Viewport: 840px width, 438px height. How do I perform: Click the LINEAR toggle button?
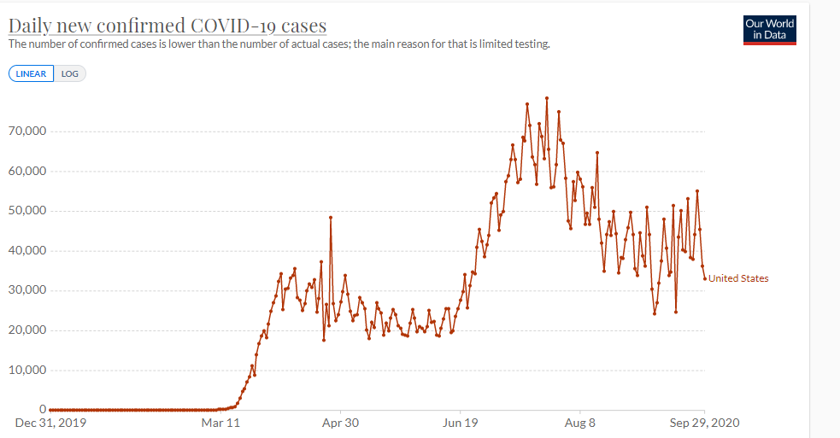[x=31, y=74]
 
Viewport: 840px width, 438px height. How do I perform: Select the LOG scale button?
[x=69, y=74]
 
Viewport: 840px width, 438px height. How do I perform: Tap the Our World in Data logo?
[x=769, y=30]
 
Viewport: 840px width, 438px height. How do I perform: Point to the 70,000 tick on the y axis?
[x=27, y=131]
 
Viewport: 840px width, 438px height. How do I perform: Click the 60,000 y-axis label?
[x=27, y=171]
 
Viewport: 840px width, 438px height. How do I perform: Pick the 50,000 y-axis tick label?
[x=27, y=210]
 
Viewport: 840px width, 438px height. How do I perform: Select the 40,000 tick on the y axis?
[x=27, y=251]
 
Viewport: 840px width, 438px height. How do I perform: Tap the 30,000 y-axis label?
[x=27, y=290]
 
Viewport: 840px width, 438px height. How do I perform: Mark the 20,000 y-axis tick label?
[x=27, y=330]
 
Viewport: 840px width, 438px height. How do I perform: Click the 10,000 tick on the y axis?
[x=27, y=370]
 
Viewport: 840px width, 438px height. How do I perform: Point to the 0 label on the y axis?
[x=43, y=410]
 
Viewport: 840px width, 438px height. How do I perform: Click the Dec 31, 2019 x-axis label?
[x=51, y=423]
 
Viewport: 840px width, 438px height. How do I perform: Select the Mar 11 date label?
[x=220, y=423]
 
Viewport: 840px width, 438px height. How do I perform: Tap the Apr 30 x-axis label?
[x=340, y=423]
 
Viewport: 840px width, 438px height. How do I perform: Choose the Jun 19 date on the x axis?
[x=461, y=423]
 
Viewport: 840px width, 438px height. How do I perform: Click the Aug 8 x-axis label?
[x=579, y=423]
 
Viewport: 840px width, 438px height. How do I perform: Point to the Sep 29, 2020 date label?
[x=704, y=423]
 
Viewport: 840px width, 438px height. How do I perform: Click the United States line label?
[x=738, y=278]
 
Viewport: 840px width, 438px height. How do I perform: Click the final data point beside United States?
[x=704, y=278]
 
